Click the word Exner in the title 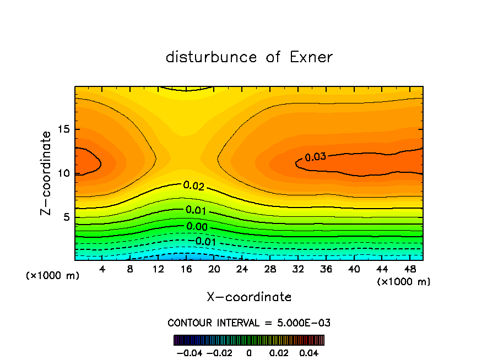311,57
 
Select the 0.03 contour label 316,157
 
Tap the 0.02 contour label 193,186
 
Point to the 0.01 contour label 196,210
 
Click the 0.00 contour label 197,226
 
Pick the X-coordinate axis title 249,297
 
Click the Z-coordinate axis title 47,173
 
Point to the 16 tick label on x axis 186,269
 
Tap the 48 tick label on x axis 410,269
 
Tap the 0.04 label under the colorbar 311,352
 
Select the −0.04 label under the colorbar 188,352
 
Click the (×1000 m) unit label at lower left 53,276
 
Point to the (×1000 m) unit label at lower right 404,282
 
